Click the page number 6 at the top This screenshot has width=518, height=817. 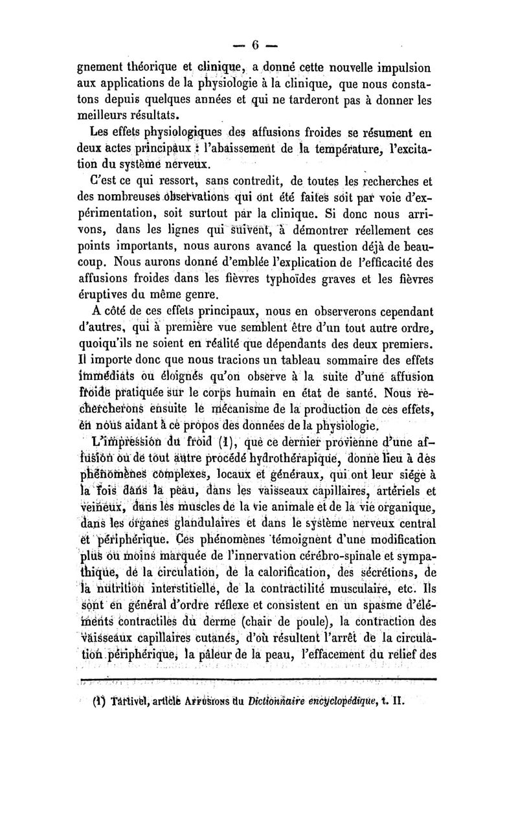tap(255, 45)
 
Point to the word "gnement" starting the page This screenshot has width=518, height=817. tap(104, 69)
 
